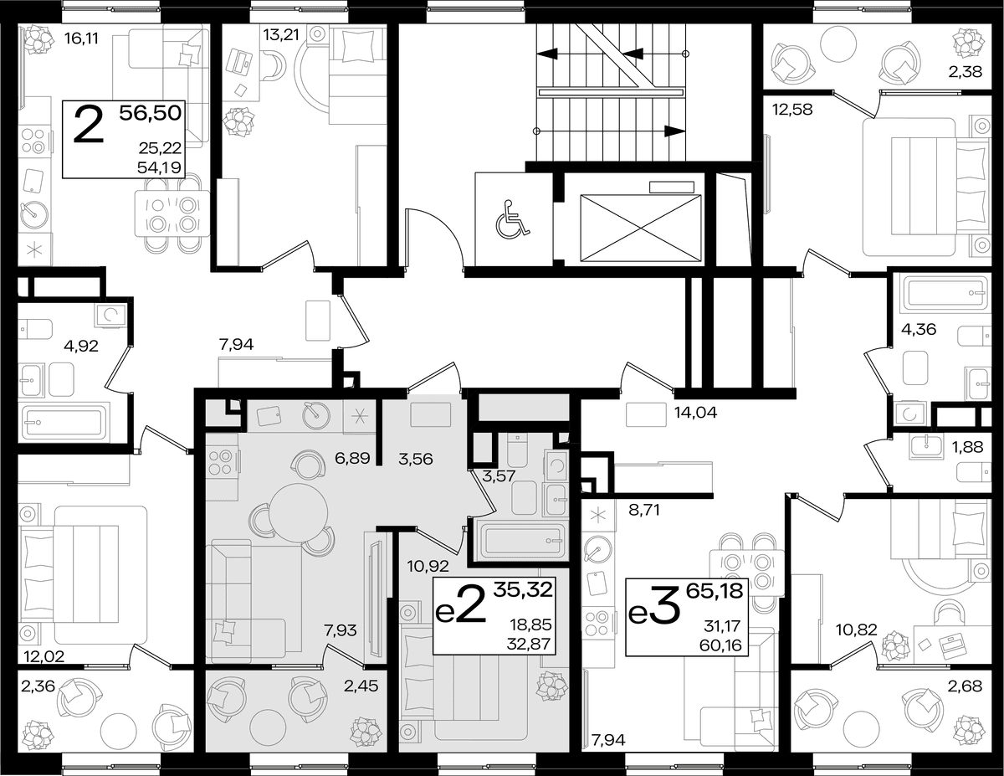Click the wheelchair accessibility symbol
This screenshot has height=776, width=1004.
pos(512,219)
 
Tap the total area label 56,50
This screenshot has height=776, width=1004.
pos(150,113)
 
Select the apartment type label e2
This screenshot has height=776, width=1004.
pos(461,604)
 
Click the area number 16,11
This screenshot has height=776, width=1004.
pos(82,39)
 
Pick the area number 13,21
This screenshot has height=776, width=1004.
pos(281,34)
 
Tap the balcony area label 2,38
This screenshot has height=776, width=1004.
pos(965,72)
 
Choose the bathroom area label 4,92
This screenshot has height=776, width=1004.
pos(81,346)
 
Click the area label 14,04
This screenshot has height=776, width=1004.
pos(696,412)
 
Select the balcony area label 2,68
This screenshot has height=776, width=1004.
pos(965,686)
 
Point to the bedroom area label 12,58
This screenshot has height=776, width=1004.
pos(792,110)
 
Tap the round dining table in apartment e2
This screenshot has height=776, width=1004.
pos(298,512)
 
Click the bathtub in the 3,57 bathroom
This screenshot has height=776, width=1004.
pos(523,541)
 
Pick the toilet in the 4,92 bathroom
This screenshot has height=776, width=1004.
pos(35,329)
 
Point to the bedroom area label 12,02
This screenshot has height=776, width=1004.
pos(44,655)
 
